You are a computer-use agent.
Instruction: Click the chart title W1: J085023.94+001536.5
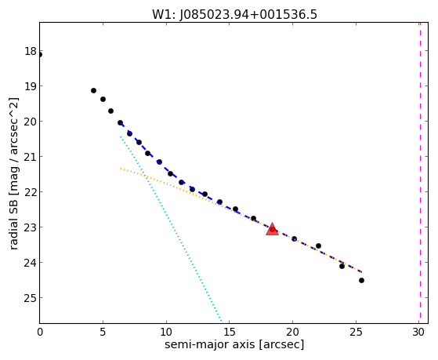pos(234,14)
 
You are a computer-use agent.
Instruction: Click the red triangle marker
pos(272,229)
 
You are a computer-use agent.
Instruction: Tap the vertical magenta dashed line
pos(420,173)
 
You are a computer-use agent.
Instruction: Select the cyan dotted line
pos(171,229)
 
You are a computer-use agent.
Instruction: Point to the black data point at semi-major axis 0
pos(40,55)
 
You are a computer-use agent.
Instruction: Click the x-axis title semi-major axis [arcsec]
pos(234,344)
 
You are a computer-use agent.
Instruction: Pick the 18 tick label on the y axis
pos(31,52)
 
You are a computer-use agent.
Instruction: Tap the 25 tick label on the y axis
pos(31,298)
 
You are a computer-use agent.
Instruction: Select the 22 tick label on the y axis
pos(31,192)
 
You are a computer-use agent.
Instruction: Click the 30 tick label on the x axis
pos(418,332)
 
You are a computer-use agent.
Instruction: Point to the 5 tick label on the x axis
pos(103,332)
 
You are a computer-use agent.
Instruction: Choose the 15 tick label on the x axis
pos(230,332)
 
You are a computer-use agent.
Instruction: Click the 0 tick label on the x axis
pos(40,332)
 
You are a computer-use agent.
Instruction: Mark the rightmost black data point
pos(361,280)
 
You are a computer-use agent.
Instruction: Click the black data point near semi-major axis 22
pos(318,245)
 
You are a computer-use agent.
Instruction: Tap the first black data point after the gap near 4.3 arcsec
pos(93,91)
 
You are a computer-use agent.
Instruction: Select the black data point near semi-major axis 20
pos(294,239)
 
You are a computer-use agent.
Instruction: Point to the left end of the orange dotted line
pos(121,169)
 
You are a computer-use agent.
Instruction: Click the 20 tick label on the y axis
pos(31,122)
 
